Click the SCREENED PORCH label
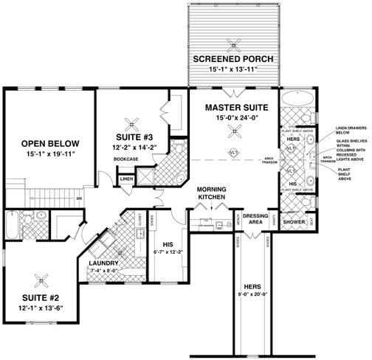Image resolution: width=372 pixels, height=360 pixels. pyautogui.click(x=232, y=58)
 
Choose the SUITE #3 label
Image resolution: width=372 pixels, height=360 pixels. pyautogui.click(x=134, y=137)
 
